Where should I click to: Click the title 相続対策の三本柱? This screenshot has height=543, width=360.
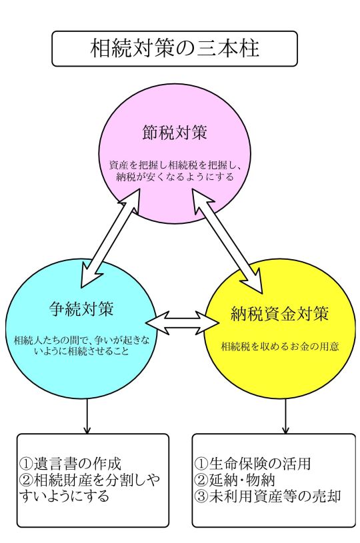pyautogui.click(x=175, y=48)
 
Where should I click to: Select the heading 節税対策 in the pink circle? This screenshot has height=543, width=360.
pyautogui.click(x=175, y=133)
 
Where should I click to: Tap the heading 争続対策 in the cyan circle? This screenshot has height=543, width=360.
pyautogui.click(x=82, y=308)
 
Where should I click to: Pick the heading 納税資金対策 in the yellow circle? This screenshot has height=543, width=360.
pyautogui.click(x=279, y=314)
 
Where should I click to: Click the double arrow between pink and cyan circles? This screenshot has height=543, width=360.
pyautogui.click(x=109, y=239)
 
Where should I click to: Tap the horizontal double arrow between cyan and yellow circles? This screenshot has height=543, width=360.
pyautogui.click(x=183, y=322)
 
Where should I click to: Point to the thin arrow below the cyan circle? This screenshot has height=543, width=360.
pyautogui.click(x=87, y=416)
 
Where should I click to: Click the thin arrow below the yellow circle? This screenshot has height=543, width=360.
pyautogui.click(x=285, y=416)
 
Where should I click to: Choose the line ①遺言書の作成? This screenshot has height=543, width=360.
pyautogui.click(x=71, y=463)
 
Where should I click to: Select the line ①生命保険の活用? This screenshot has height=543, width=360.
pyautogui.click(x=253, y=463)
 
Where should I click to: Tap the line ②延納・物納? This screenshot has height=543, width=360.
pyautogui.click(x=235, y=480)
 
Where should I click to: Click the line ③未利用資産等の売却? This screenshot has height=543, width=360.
pyautogui.click(x=268, y=496)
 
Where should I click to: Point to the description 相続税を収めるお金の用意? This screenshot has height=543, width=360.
pyautogui.click(x=280, y=346)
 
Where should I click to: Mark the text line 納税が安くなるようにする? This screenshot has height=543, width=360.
pyautogui.click(x=175, y=177)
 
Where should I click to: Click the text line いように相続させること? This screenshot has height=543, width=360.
pyautogui.click(x=81, y=351)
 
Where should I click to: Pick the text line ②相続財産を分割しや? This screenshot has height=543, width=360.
pyautogui.click(x=90, y=480)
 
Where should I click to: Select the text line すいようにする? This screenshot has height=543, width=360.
pyautogui.click(x=65, y=496)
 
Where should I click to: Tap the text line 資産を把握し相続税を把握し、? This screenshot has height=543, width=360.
pyautogui.click(x=175, y=165)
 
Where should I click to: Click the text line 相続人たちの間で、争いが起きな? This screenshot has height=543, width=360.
pyautogui.click(x=82, y=340)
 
